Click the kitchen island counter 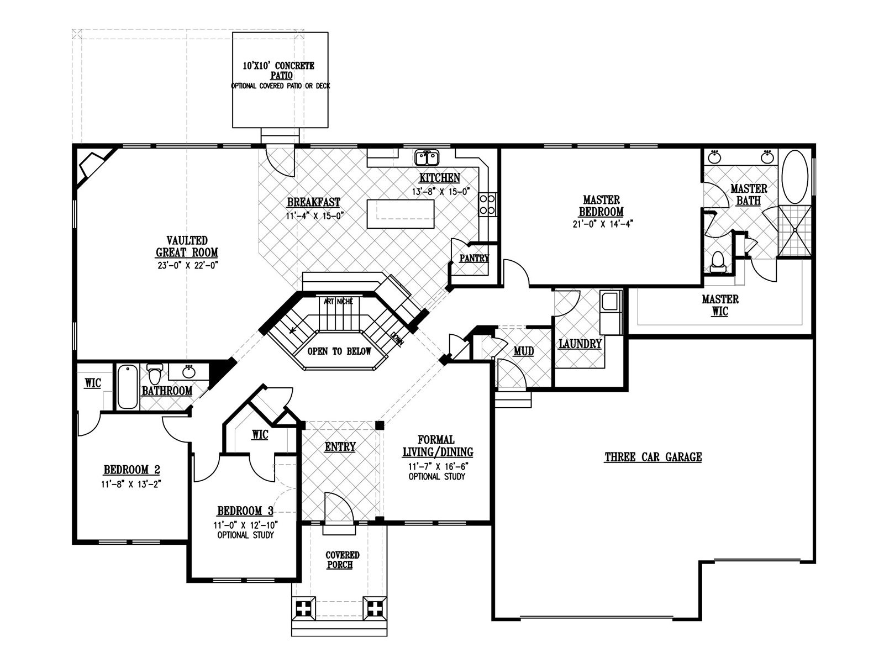coord(401,214)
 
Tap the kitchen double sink coord(427,158)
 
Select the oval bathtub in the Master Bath coord(794,177)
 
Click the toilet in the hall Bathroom coord(154,375)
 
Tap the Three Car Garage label coord(653,457)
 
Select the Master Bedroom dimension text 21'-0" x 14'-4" coord(603,224)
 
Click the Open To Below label coord(339,351)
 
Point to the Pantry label coord(474,259)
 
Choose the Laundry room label coord(580,344)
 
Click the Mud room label coord(524,351)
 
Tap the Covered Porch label coord(342,560)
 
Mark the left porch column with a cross coord(303,609)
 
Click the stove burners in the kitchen coord(487,204)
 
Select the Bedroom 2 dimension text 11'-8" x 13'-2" coord(131,485)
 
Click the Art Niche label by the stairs coord(338,301)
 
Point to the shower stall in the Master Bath coord(794,230)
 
